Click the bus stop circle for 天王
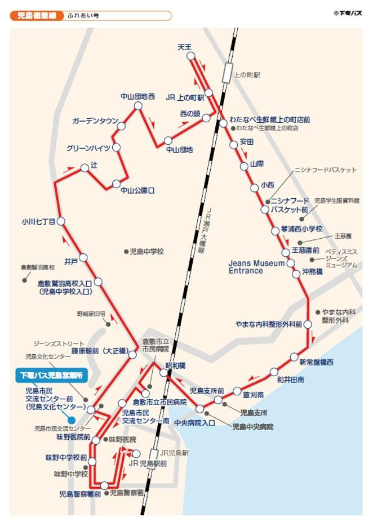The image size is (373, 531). click(190, 56)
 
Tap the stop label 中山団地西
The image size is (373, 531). click(137, 96)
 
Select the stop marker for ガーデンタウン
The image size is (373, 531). click(121, 126)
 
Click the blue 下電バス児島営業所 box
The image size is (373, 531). click(51, 375)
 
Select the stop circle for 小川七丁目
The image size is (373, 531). click(61, 221)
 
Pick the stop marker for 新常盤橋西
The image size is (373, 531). click(294, 356)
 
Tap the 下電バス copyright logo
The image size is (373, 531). click(348, 12)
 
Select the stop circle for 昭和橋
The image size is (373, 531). click(163, 373)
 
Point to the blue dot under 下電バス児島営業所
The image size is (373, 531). click(71, 419)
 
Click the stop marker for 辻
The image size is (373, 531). click(85, 167)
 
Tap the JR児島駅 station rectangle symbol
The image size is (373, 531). click(153, 455)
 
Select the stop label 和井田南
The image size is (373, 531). click(291, 380)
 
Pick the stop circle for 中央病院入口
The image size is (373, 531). click(200, 409)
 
